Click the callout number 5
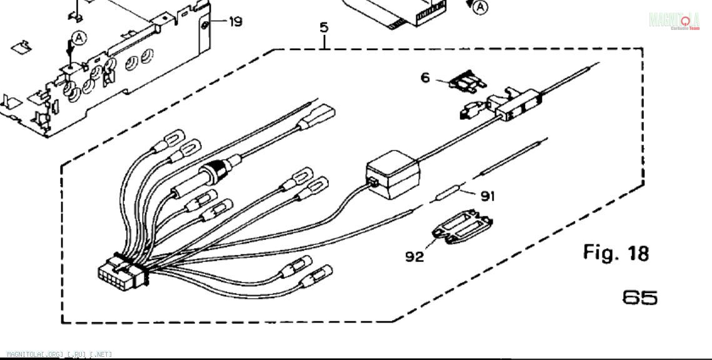point(324,27)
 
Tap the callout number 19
point(235,22)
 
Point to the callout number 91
point(488,196)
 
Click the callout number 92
point(414,256)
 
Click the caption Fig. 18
point(616,253)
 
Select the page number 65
point(639,297)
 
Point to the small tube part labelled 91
point(449,194)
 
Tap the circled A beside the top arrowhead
point(480,7)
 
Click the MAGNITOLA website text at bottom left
point(56,354)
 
